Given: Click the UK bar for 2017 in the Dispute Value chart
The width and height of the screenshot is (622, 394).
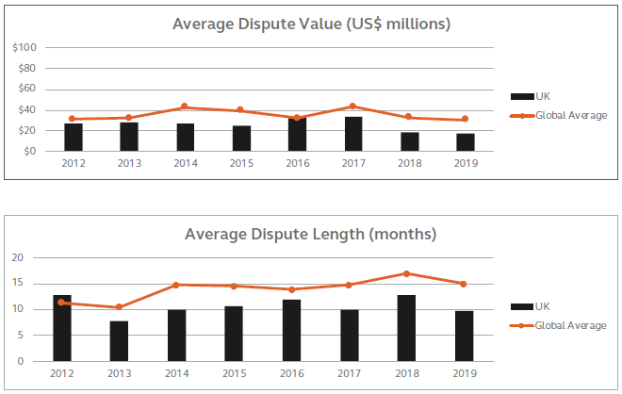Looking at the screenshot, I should coord(353,134).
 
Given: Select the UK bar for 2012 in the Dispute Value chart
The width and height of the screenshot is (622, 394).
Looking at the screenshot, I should coord(74,138).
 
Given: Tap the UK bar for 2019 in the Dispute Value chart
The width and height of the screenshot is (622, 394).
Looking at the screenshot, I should coord(466,142).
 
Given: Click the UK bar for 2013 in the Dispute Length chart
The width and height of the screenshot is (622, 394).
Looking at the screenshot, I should coord(119,341).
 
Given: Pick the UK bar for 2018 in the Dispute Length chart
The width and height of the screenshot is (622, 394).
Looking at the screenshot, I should coord(406,328).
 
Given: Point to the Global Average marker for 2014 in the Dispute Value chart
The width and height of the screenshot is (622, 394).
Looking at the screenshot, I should coord(185,107).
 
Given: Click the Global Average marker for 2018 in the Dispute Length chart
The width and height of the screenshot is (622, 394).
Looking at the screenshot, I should coord(406,273).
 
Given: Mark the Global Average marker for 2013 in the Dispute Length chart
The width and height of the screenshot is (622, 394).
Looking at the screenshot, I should coord(119,307).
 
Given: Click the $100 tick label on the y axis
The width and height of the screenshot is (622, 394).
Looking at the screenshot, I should coord(25,47).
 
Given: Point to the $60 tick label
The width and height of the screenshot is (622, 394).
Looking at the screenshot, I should coord(28,89).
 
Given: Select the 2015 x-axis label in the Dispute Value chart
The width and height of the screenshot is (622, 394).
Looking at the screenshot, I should coord(241,163).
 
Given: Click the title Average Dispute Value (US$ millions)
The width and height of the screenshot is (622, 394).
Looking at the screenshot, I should coord(311,24).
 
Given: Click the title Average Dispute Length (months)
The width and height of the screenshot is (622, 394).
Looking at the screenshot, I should coord(311,234).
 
